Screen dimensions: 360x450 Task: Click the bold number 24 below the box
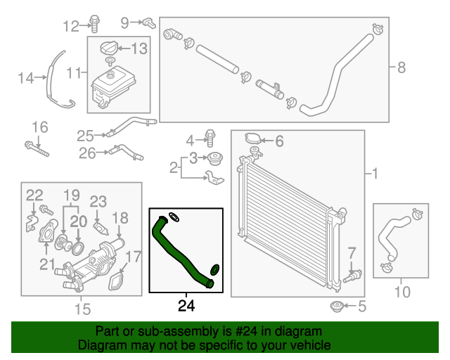tap(186, 305)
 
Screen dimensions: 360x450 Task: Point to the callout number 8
tap(401, 67)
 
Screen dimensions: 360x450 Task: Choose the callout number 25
tap(85, 135)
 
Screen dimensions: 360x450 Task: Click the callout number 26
tap(86, 152)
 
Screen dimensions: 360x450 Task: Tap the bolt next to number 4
tap(210, 136)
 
